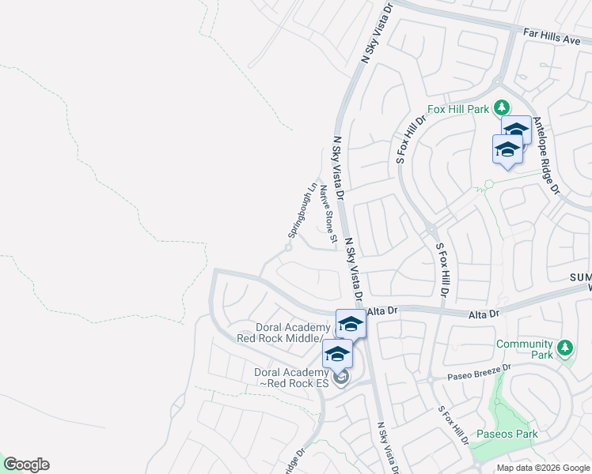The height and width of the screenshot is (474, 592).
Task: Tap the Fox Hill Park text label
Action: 459,109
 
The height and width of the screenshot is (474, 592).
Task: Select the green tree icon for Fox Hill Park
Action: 501,107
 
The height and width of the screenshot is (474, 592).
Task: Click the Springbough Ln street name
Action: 302,212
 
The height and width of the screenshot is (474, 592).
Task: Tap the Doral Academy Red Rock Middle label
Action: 283,333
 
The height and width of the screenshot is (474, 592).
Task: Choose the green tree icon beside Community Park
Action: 565,348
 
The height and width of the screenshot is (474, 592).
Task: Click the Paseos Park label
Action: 507,434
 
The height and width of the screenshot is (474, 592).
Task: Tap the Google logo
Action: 26,465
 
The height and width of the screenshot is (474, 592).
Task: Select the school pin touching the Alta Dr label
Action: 351,324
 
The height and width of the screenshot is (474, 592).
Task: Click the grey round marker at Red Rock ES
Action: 341,378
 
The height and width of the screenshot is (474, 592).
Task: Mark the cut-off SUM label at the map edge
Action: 580,278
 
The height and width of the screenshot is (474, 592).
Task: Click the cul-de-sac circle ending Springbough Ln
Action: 289,247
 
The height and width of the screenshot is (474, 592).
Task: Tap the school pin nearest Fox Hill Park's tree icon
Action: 516,130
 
